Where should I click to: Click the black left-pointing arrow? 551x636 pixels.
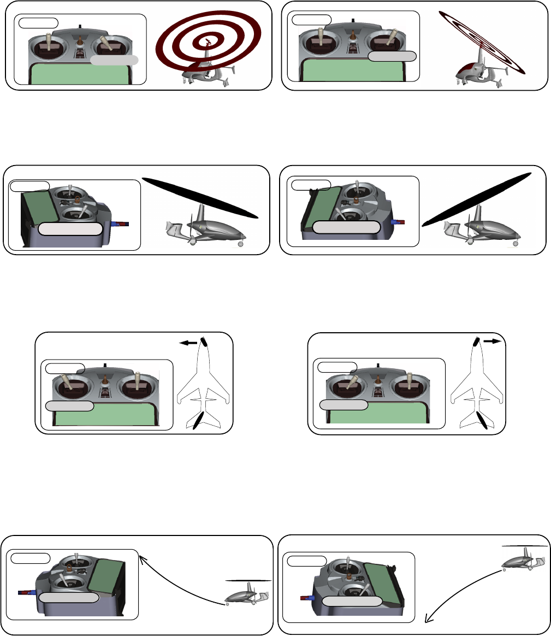tap(188, 343)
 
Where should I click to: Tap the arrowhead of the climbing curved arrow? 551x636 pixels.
tap(143, 558)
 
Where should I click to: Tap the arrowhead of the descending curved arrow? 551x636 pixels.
tap(429, 619)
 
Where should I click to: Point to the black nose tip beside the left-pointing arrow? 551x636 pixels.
tap(205, 341)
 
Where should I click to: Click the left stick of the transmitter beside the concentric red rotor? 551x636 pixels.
tap(48, 43)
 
